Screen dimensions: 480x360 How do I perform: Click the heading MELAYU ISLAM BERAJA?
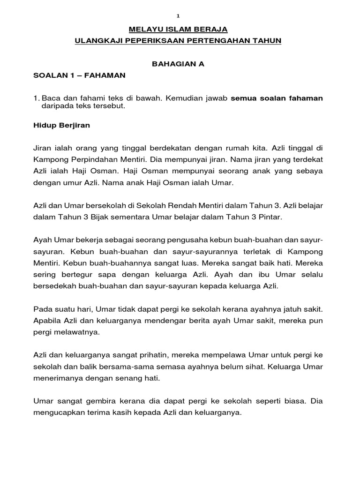(178, 29)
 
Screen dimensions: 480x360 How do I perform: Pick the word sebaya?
(309, 172)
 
